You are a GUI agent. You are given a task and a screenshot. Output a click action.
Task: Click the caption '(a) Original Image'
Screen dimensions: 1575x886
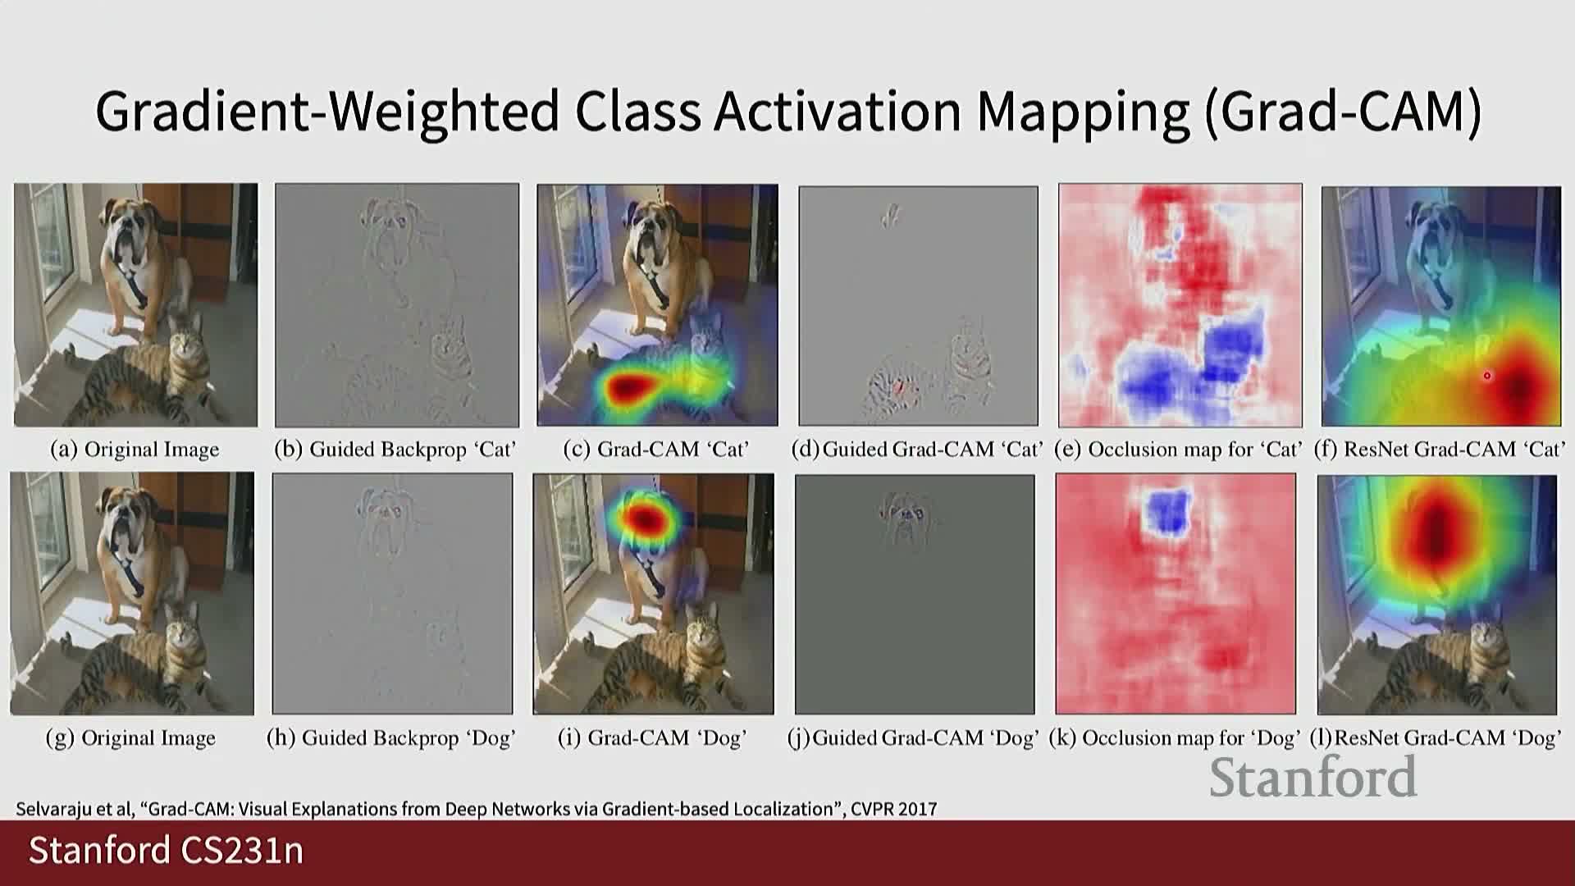click(135, 450)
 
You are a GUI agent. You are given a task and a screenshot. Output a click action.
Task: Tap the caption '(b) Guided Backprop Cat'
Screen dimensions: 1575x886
click(395, 450)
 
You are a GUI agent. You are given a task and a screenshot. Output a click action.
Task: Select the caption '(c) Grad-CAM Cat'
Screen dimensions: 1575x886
click(656, 450)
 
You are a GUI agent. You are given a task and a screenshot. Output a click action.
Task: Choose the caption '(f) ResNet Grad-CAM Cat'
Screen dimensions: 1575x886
click(1440, 450)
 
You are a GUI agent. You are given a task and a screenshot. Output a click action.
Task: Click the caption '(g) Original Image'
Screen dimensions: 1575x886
click(130, 738)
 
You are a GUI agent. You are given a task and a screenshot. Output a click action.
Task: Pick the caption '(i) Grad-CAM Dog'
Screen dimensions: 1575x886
click(652, 738)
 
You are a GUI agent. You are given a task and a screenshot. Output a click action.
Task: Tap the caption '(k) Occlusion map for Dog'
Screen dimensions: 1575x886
click(1175, 738)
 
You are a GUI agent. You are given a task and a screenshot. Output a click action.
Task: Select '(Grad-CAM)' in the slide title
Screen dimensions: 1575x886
click(1343, 112)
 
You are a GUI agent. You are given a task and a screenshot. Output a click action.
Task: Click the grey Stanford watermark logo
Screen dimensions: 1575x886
click(1313, 777)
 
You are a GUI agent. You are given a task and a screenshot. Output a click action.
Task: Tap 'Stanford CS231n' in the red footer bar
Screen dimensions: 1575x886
click(167, 851)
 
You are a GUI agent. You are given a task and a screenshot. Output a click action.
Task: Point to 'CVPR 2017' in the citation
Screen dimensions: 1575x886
click(893, 809)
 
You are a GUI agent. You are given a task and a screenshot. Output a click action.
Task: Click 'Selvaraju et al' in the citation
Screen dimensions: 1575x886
click(74, 809)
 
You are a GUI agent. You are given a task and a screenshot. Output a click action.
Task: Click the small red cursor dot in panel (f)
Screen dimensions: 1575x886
click(1487, 376)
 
